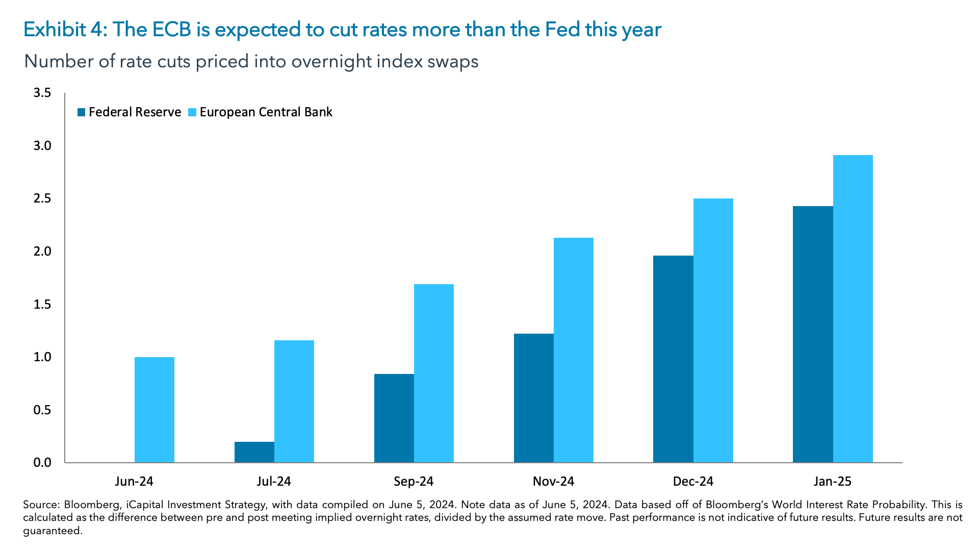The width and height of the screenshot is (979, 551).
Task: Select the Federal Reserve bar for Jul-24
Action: pyautogui.click(x=254, y=452)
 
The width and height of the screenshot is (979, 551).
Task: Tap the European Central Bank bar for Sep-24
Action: pyautogui.click(x=433, y=373)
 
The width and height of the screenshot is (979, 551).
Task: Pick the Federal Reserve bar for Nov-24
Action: pyautogui.click(x=533, y=398)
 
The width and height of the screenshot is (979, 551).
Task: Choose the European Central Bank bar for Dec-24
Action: pyautogui.click(x=713, y=331)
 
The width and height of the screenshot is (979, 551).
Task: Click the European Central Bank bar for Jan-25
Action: pyautogui.click(x=853, y=309)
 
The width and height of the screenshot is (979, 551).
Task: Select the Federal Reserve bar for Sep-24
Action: pyautogui.click(x=394, y=418)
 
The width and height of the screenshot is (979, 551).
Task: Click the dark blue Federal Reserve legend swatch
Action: pyautogui.click(x=82, y=112)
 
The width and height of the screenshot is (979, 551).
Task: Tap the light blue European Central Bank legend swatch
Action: pyautogui.click(x=192, y=112)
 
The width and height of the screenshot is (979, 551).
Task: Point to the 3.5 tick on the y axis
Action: pyautogui.click(x=42, y=93)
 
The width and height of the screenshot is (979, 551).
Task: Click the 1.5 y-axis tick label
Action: pyautogui.click(x=42, y=305)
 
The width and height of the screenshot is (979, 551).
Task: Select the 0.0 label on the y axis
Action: pyautogui.click(x=42, y=463)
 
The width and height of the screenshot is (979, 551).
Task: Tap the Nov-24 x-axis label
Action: pyautogui.click(x=553, y=481)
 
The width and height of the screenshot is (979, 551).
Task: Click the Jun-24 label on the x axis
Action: pyautogui.click(x=134, y=481)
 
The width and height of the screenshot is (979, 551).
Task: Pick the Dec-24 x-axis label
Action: pyautogui.click(x=693, y=481)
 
